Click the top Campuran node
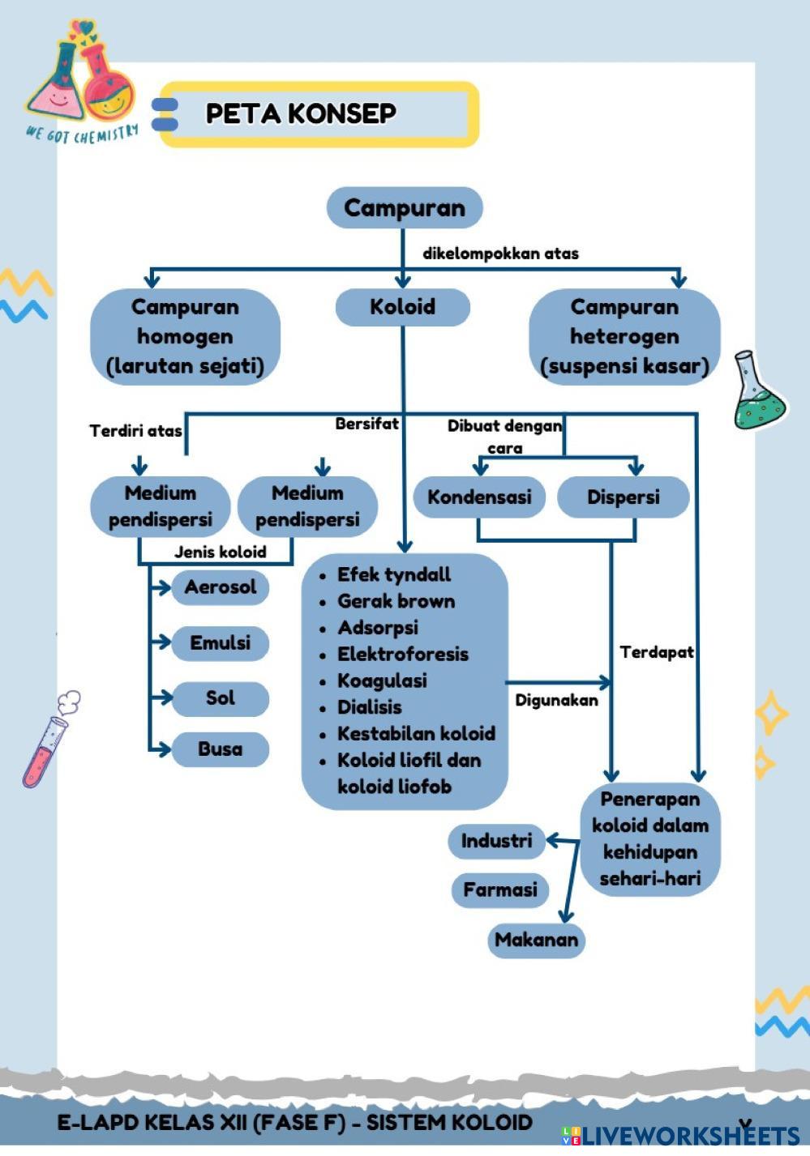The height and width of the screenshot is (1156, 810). pyautogui.click(x=404, y=207)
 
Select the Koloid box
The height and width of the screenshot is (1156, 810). pyautogui.click(x=402, y=307)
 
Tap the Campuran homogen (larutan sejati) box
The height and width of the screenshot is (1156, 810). pyautogui.click(x=185, y=336)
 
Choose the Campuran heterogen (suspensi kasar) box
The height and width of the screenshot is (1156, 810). pyautogui.click(x=624, y=336)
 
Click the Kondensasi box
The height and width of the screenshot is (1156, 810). pyautogui.click(x=479, y=497)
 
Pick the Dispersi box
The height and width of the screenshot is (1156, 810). pyautogui.click(x=623, y=497)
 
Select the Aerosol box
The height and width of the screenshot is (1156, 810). pyautogui.click(x=220, y=587)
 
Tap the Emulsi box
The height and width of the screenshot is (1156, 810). pyautogui.click(x=220, y=643)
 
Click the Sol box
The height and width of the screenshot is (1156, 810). pyautogui.click(x=220, y=698)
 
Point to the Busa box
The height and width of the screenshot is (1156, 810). pyautogui.click(x=220, y=749)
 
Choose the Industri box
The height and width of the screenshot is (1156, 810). pyautogui.click(x=496, y=841)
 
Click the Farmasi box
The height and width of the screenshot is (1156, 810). pyautogui.click(x=499, y=890)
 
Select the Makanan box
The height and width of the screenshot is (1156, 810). pyautogui.click(x=536, y=941)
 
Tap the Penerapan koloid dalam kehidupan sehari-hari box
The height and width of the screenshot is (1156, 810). pyautogui.click(x=649, y=838)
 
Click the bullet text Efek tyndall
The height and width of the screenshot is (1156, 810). pyautogui.click(x=394, y=575)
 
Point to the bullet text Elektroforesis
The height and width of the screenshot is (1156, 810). pyautogui.click(x=403, y=655)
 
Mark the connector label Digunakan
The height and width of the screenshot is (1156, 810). pyautogui.click(x=556, y=701)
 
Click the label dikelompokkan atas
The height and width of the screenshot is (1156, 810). pyautogui.click(x=500, y=254)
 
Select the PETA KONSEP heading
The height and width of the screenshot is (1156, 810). pyautogui.click(x=301, y=113)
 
